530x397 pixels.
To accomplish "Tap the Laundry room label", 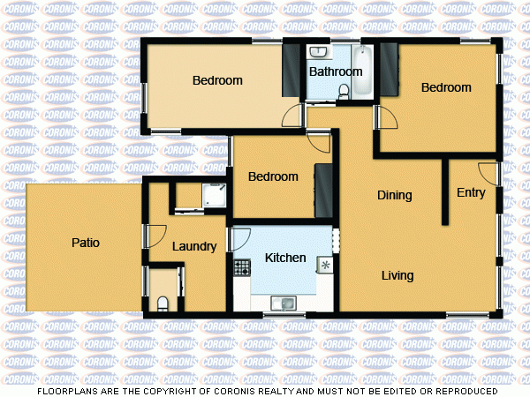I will coord(194,247).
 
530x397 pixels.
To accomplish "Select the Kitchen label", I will coord(285,258).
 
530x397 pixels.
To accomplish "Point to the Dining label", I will coord(395,196).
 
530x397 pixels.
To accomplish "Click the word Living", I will coord(397,276).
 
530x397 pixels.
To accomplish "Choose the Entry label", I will coord(471,193).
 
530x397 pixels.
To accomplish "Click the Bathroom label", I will coord(336,71).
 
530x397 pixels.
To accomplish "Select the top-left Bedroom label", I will coord(217,81).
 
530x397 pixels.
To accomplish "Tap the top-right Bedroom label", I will coord(446,87).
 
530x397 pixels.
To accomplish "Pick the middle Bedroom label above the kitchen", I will coord(273,176).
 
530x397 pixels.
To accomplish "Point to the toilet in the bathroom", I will coord(344,88).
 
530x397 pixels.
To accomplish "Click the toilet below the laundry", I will coord(162,304).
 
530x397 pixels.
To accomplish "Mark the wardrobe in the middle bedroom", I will coord(323,190).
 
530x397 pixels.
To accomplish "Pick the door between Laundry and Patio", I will coord(154,236).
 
